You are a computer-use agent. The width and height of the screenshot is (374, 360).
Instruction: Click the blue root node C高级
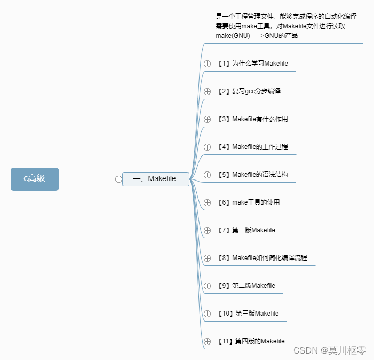click(x=35, y=179)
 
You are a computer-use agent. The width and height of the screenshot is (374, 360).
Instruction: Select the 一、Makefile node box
click(x=155, y=179)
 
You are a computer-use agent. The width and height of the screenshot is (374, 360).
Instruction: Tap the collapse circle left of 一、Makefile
click(x=118, y=179)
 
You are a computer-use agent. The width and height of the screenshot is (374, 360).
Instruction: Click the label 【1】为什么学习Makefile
click(x=252, y=64)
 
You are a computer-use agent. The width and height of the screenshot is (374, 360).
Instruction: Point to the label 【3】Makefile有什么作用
click(x=252, y=119)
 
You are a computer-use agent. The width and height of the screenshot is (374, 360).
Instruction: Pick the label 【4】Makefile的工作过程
click(x=252, y=147)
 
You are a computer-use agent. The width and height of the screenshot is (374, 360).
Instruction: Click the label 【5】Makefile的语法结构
click(x=252, y=175)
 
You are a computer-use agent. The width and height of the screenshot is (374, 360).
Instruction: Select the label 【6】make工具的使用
click(x=249, y=202)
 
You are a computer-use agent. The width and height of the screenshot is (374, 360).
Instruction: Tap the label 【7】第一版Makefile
click(x=246, y=230)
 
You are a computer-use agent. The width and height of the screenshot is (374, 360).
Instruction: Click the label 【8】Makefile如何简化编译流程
click(x=262, y=258)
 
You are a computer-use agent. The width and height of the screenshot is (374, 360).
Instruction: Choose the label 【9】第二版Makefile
click(x=246, y=286)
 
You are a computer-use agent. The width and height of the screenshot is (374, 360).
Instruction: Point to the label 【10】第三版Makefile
click(x=248, y=314)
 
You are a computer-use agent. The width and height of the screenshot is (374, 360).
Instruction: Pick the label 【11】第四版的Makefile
click(x=251, y=341)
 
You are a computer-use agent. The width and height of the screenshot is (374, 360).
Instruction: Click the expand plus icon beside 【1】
click(x=208, y=64)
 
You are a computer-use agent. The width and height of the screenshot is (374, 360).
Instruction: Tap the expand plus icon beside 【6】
click(x=208, y=202)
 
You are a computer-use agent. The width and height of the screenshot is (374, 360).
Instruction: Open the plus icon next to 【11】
click(x=208, y=341)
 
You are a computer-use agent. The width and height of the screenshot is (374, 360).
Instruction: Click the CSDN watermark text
click(x=330, y=350)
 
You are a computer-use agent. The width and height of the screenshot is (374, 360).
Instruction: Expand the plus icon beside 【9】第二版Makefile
click(x=208, y=286)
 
